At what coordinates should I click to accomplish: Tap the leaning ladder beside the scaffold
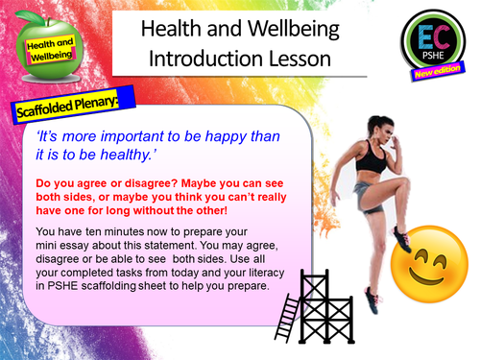click(x=286, y=313)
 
